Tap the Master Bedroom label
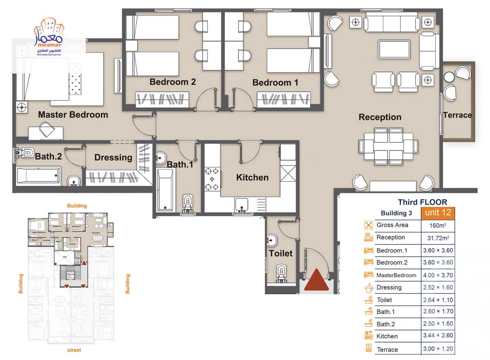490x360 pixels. click(x=73, y=115)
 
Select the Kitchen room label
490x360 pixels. click(x=252, y=178)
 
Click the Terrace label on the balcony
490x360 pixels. click(x=457, y=115)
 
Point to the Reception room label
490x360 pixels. click(x=380, y=117)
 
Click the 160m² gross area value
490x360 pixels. click(x=438, y=225)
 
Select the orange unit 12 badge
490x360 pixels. click(x=438, y=213)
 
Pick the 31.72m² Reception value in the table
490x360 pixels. click(x=438, y=238)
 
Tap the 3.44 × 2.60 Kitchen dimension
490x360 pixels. click(x=438, y=336)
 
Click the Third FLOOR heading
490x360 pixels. click(x=422, y=202)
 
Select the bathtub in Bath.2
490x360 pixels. click(x=38, y=176)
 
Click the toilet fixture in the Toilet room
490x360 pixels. click(x=281, y=273)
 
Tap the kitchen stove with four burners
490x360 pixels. click(x=212, y=179)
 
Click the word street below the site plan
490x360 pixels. click(x=74, y=350)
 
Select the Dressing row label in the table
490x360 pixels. click(x=389, y=287)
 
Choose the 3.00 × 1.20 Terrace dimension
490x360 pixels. click(x=438, y=349)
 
